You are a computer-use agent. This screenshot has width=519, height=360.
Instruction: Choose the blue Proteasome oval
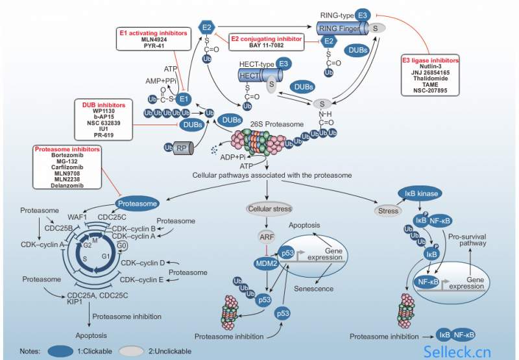pos(137,204)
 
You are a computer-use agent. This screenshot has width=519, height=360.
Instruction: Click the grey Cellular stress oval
pos(269,209)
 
